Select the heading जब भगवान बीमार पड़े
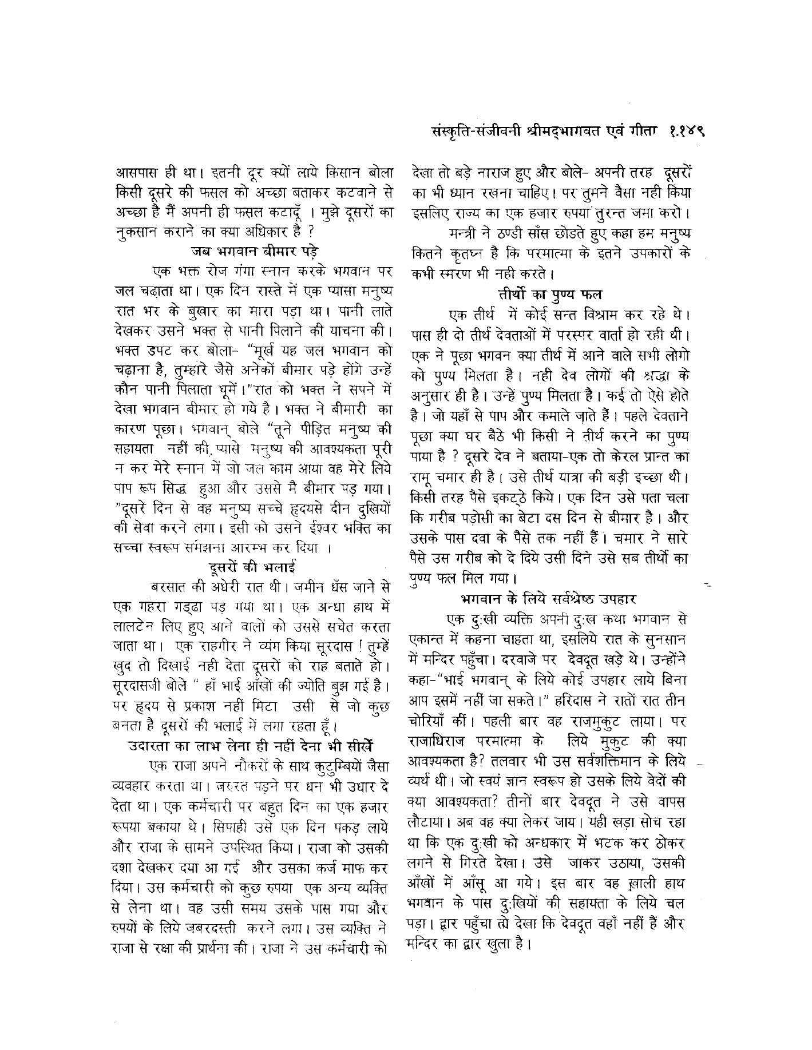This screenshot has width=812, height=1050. [253, 250]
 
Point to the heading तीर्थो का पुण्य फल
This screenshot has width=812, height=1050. [549, 296]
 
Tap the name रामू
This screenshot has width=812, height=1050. [425, 461]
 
